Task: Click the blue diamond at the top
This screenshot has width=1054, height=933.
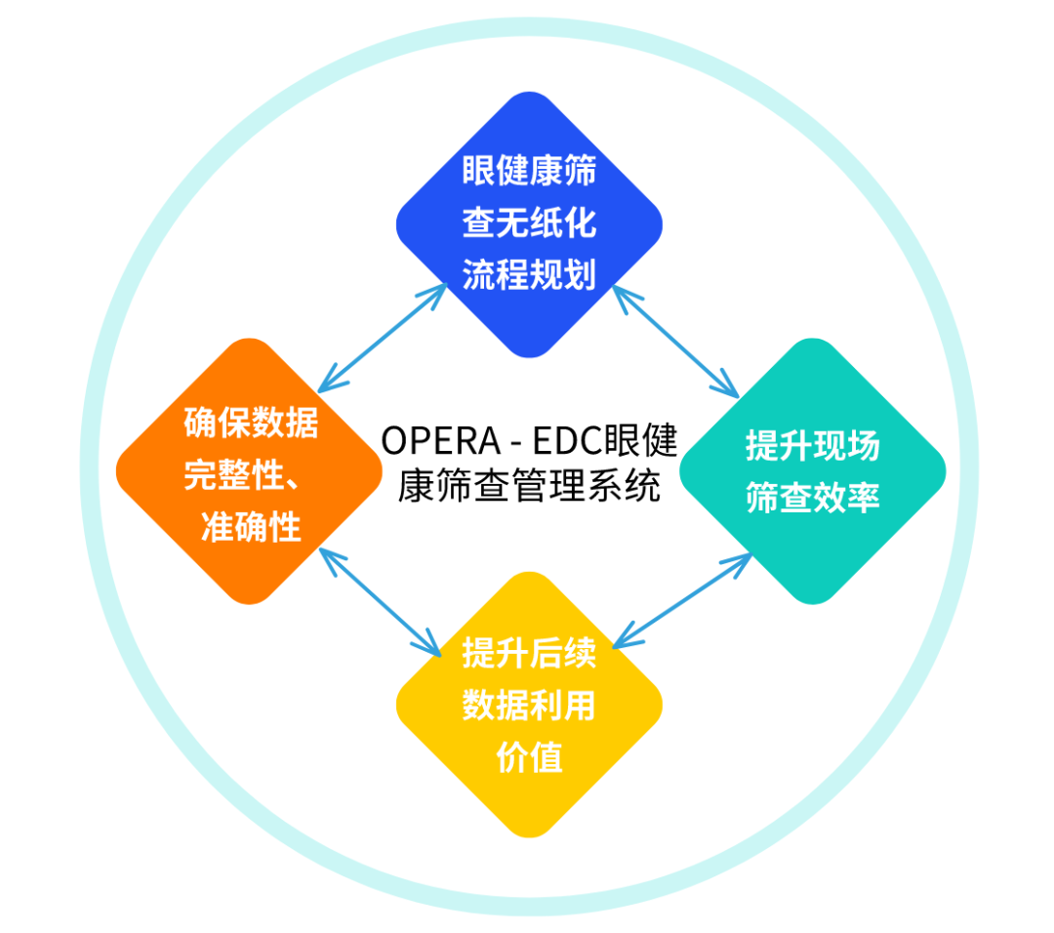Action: (529, 224)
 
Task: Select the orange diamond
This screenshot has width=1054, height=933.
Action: (250, 471)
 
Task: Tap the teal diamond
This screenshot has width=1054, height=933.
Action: (813, 471)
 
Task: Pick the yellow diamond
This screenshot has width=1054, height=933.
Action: (529, 705)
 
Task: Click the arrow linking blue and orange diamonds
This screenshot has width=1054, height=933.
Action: (383, 338)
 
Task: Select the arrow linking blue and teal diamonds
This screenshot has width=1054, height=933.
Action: (675, 342)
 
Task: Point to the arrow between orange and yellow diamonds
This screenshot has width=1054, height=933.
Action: (380, 602)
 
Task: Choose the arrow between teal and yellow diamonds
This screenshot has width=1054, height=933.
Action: (682, 600)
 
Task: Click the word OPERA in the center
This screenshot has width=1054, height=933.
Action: (441, 442)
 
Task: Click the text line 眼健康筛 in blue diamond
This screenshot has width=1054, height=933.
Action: (529, 170)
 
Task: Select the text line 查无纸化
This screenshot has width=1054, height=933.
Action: (529, 223)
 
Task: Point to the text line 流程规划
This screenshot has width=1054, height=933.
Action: (529, 274)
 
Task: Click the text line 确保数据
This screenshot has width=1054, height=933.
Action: (251, 423)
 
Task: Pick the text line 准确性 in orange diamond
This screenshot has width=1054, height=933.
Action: (251, 526)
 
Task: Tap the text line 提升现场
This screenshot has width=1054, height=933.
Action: (813, 446)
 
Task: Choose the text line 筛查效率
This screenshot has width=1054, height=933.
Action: (813, 498)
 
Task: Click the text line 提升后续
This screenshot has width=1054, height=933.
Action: (529, 653)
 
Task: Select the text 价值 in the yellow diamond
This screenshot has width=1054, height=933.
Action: (529, 757)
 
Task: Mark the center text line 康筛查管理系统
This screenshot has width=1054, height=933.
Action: (529, 486)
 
